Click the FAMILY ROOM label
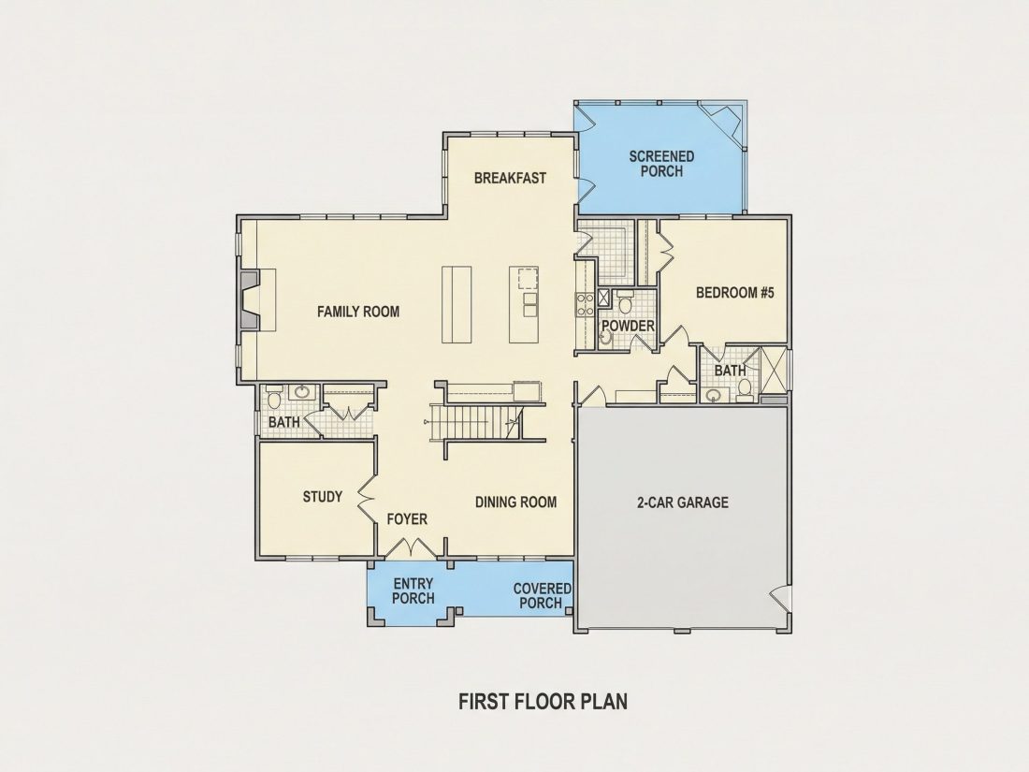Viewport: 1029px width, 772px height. click(x=358, y=312)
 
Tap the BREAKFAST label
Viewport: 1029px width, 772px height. click(x=510, y=178)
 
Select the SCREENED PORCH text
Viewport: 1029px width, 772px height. click(x=661, y=164)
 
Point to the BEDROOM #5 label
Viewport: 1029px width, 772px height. click(x=735, y=292)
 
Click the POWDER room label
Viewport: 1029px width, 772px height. click(x=628, y=327)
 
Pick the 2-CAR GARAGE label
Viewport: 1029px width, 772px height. click(x=683, y=503)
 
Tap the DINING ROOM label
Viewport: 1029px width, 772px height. click(x=515, y=503)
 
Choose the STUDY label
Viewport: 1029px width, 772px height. click(x=322, y=496)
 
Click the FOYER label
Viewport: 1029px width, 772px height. click(x=407, y=519)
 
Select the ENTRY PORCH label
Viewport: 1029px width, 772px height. click(x=413, y=590)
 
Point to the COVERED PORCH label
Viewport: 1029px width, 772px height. click(x=542, y=595)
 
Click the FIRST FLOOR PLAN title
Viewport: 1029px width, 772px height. click(x=543, y=701)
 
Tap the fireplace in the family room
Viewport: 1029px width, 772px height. click(x=250, y=299)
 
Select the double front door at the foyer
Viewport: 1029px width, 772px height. click(x=411, y=546)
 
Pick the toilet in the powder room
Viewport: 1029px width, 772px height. click(x=625, y=302)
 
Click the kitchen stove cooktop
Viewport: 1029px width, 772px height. click(x=585, y=304)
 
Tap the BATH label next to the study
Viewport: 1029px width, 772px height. click(x=284, y=422)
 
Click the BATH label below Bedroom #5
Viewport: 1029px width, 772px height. click(x=731, y=371)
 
